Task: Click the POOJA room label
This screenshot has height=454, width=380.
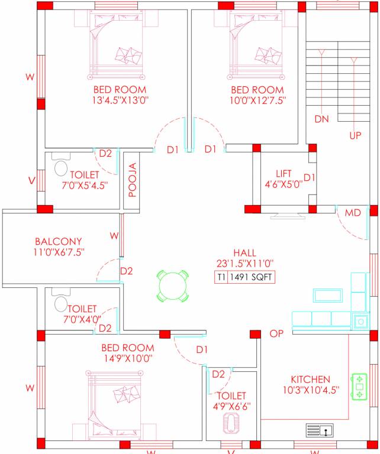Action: tap(132, 180)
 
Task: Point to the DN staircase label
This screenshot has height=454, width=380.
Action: tap(321, 119)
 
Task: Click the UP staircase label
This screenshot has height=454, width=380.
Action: tap(355, 135)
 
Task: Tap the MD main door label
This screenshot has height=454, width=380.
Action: tap(354, 212)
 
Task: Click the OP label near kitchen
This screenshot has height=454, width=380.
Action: tap(276, 334)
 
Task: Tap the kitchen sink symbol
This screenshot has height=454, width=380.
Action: tap(320, 431)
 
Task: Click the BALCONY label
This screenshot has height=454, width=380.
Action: tap(58, 241)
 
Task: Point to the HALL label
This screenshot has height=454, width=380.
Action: tap(244, 251)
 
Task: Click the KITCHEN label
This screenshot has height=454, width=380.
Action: tap(310, 379)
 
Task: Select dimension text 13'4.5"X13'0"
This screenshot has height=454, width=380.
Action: tap(120, 100)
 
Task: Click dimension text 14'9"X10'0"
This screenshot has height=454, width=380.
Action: tap(127, 358)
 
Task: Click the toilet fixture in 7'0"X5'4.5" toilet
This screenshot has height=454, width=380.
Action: tap(60, 168)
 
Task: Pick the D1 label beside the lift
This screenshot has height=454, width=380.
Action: tap(308, 177)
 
